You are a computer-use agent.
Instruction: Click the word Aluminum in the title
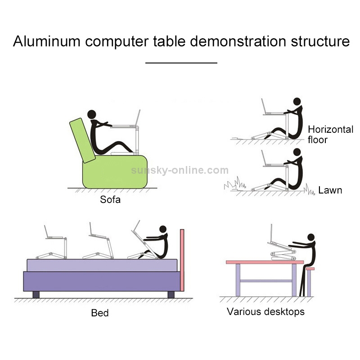pos(46,41)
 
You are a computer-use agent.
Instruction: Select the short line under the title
pos(181,63)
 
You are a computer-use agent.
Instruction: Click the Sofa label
pos(110,199)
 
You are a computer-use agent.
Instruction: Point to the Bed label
pos(100,312)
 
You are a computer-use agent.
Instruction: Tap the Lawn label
pos(330,190)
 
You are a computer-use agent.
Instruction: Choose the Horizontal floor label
pos(330,135)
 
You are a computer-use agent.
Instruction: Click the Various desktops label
pos(265,311)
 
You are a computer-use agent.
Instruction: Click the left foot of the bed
pos(36,295)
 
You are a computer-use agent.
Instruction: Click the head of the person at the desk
pos(310,237)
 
